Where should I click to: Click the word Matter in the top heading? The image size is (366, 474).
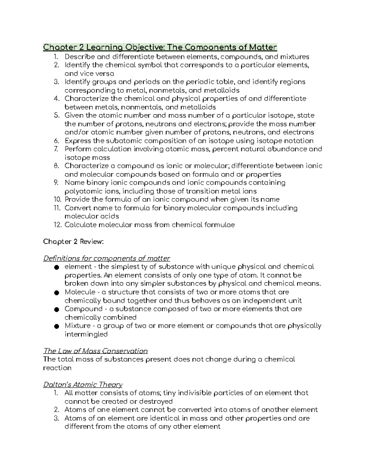(x=263, y=47)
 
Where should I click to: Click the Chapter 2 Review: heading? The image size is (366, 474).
(x=74, y=242)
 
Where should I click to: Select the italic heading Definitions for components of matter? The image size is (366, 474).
(x=106, y=259)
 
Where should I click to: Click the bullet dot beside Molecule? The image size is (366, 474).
(x=56, y=293)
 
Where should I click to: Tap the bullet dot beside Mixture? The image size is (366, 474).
(x=56, y=326)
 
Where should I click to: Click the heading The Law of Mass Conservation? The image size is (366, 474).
(x=95, y=351)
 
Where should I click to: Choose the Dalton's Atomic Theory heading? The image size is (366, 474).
(x=83, y=385)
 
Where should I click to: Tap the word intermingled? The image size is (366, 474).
(x=86, y=334)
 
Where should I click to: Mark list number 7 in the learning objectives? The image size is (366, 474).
(x=56, y=149)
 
